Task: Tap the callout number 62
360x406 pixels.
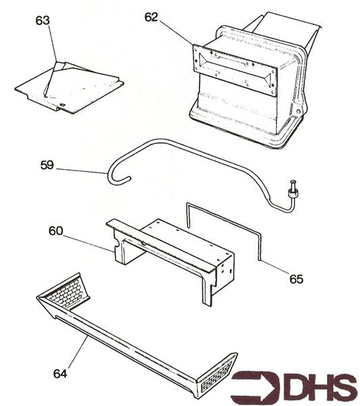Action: [x=151, y=18]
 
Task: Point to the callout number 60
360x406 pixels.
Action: [x=55, y=231]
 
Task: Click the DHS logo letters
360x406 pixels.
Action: [x=317, y=386]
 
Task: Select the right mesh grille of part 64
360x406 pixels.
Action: [x=217, y=378]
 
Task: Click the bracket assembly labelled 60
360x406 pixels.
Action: [x=169, y=250]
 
